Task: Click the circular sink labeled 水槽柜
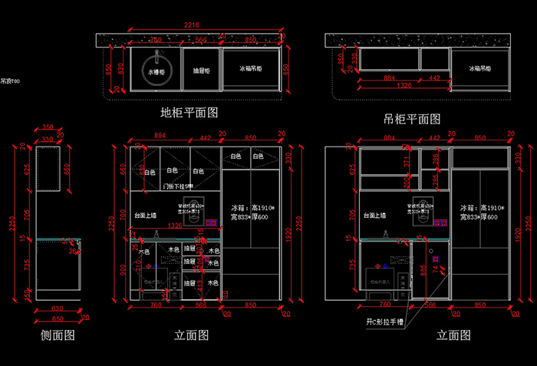(x=156, y=70)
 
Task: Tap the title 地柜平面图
(x=189, y=113)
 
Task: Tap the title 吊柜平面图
(x=412, y=119)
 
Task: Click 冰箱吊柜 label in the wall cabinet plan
(x=481, y=68)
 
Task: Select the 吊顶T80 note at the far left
(x=10, y=81)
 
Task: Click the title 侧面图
(x=58, y=335)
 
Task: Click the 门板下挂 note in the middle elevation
(x=176, y=186)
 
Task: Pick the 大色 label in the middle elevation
(x=144, y=251)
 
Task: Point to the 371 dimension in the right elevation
(x=407, y=161)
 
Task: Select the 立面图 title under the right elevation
(x=453, y=335)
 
